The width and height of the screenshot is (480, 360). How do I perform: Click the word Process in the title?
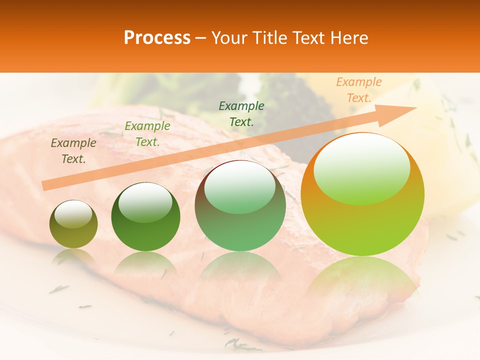pyautogui.click(x=157, y=38)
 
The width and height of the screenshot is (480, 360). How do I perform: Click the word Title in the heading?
pyautogui.click(x=270, y=38)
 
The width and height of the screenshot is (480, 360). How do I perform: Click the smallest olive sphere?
pyautogui.click(x=73, y=224)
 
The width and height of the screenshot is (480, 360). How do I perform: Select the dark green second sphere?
pyautogui.click(x=145, y=217)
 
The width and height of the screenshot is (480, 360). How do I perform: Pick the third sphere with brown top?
pyautogui.click(x=240, y=205)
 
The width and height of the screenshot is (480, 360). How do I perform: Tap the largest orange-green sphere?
pyautogui.click(x=362, y=194)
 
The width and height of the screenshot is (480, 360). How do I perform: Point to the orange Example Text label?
pyautogui.click(x=358, y=90)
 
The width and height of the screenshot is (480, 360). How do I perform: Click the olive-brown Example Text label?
pyautogui.click(x=73, y=150)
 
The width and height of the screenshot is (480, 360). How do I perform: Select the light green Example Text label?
pyautogui.click(x=147, y=134)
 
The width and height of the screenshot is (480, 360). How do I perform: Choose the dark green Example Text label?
pyautogui.click(x=241, y=113)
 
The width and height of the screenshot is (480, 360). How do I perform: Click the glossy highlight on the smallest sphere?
pyautogui.click(x=73, y=213)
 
